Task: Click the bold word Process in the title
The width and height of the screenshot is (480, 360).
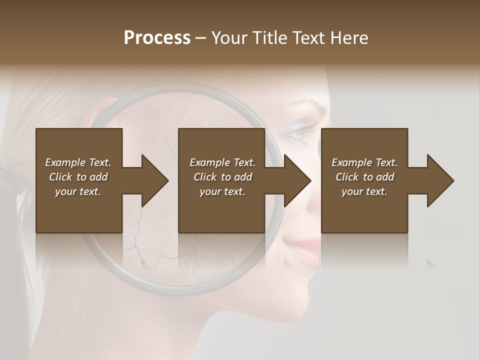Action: tap(157, 38)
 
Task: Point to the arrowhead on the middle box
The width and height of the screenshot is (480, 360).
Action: tap(294, 180)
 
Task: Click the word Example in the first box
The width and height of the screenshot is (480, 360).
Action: tap(65, 162)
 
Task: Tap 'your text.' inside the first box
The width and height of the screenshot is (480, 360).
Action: tap(78, 191)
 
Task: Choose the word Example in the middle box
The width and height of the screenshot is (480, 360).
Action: tap(209, 162)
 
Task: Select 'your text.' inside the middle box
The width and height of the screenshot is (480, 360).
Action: tap(222, 191)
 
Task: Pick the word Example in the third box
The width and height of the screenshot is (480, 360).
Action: tap(351, 162)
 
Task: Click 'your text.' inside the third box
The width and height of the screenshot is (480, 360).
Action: tap(364, 191)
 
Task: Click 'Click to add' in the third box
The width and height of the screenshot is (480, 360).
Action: tap(364, 177)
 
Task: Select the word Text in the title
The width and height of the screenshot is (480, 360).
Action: tap(309, 38)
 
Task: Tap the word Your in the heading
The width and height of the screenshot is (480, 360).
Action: tap(229, 38)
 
